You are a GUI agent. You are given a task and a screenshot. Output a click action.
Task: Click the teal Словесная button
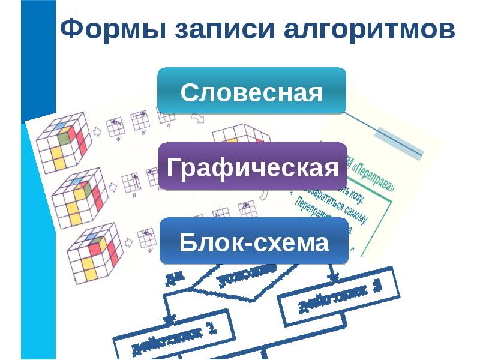251,91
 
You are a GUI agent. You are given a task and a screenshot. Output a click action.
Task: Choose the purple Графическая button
253,167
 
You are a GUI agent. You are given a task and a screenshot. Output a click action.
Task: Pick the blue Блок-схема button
254,242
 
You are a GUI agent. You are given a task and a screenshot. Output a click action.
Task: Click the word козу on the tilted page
358,199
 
